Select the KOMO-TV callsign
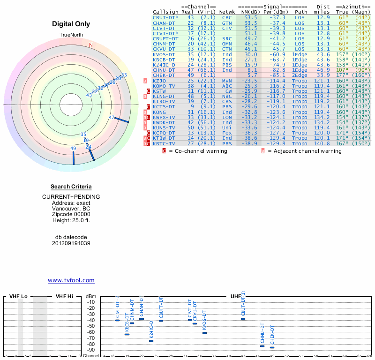point(164,86)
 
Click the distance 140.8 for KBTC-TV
point(323,143)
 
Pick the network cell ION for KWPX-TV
point(227,117)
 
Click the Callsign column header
point(165,12)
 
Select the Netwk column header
point(227,12)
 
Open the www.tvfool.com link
point(71,280)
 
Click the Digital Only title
point(71,24)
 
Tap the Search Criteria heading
point(71,186)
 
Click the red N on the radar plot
point(91,45)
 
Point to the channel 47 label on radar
point(112,118)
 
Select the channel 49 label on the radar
point(73,149)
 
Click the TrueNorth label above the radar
point(71,35)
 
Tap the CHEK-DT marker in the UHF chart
point(272,347)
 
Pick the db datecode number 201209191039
point(71,243)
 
